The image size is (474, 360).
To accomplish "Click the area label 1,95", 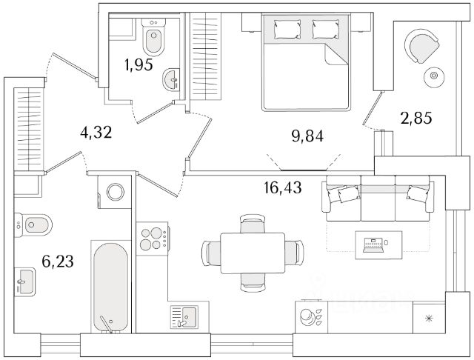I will tap(138, 65).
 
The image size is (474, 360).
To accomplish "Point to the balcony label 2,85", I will tap(415, 116).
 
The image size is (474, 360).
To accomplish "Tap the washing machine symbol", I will tap(115, 192).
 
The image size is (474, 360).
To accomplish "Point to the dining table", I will tap(252, 253).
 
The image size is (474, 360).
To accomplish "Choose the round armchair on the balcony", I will tap(420, 46).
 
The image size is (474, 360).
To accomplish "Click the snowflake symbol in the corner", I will tap(428, 320).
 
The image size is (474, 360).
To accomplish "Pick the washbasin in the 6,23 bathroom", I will tap(24, 280).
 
